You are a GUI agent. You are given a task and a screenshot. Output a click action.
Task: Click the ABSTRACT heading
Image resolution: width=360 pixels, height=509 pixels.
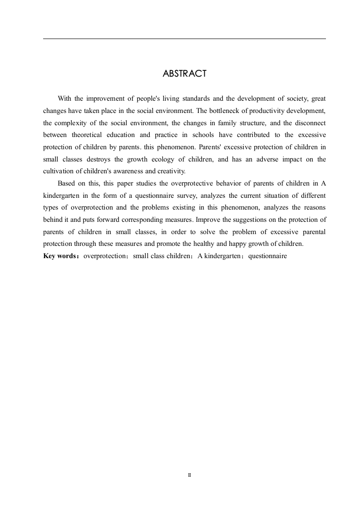(x=184, y=74)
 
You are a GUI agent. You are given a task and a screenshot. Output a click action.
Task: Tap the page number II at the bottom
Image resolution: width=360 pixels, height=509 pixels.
(x=189, y=475)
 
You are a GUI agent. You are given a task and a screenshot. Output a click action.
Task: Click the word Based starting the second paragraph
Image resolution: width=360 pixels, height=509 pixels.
(x=66, y=183)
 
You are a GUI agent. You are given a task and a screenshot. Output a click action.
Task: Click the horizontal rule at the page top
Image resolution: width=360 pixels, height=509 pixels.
(x=184, y=39)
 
